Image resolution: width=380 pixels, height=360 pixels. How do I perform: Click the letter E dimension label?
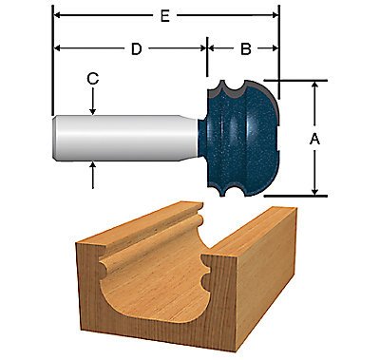[x=167, y=14]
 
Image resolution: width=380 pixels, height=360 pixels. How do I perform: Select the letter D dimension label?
[x=136, y=48]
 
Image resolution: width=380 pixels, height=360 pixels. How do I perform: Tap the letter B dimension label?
[x=244, y=48]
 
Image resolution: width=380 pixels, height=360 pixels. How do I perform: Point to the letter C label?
[x=93, y=81]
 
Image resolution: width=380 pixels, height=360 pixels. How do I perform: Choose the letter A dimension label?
[x=314, y=139]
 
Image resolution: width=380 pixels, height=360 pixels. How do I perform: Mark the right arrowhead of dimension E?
[x=275, y=14]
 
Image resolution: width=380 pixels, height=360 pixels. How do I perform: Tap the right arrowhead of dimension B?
[x=275, y=47]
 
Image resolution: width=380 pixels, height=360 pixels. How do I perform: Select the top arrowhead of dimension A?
[x=314, y=85]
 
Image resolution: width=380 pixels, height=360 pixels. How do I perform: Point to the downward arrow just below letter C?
[x=93, y=109]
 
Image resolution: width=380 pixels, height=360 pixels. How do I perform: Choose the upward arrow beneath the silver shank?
[x=93, y=169]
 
